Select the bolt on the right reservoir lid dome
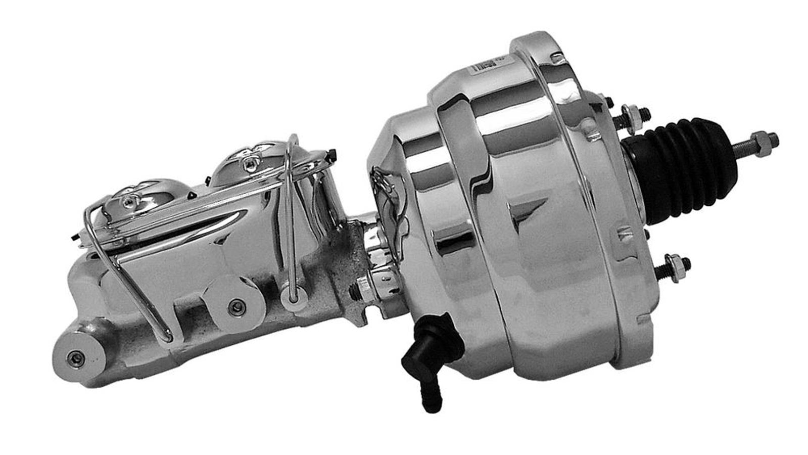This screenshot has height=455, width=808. [249, 162]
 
